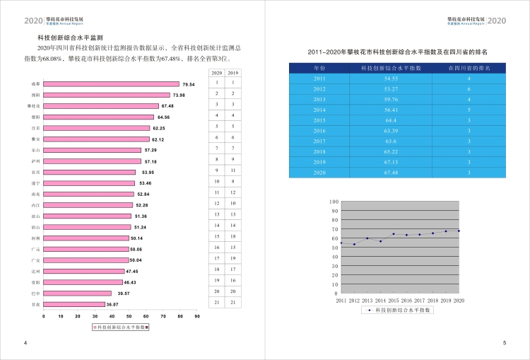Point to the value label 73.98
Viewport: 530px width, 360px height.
[x=179, y=95]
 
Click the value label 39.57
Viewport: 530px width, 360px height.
[x=123, y=293]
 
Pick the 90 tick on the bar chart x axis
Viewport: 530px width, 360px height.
[x=197, y=316]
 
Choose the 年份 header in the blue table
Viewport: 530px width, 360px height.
[x=319, y=68]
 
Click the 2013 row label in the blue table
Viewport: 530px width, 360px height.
[x=319, y=100]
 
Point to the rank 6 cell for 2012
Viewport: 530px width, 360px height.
[x=469, y=89]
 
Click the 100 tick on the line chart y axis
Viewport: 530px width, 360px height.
[x=334, y=202]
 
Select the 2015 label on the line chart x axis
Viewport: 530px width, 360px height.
[x=394, y=301]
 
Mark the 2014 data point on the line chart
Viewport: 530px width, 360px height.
[x=381, y=241]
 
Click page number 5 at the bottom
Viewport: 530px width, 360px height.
[x=504, y=344]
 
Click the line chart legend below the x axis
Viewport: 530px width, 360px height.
[x=400, y=310]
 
